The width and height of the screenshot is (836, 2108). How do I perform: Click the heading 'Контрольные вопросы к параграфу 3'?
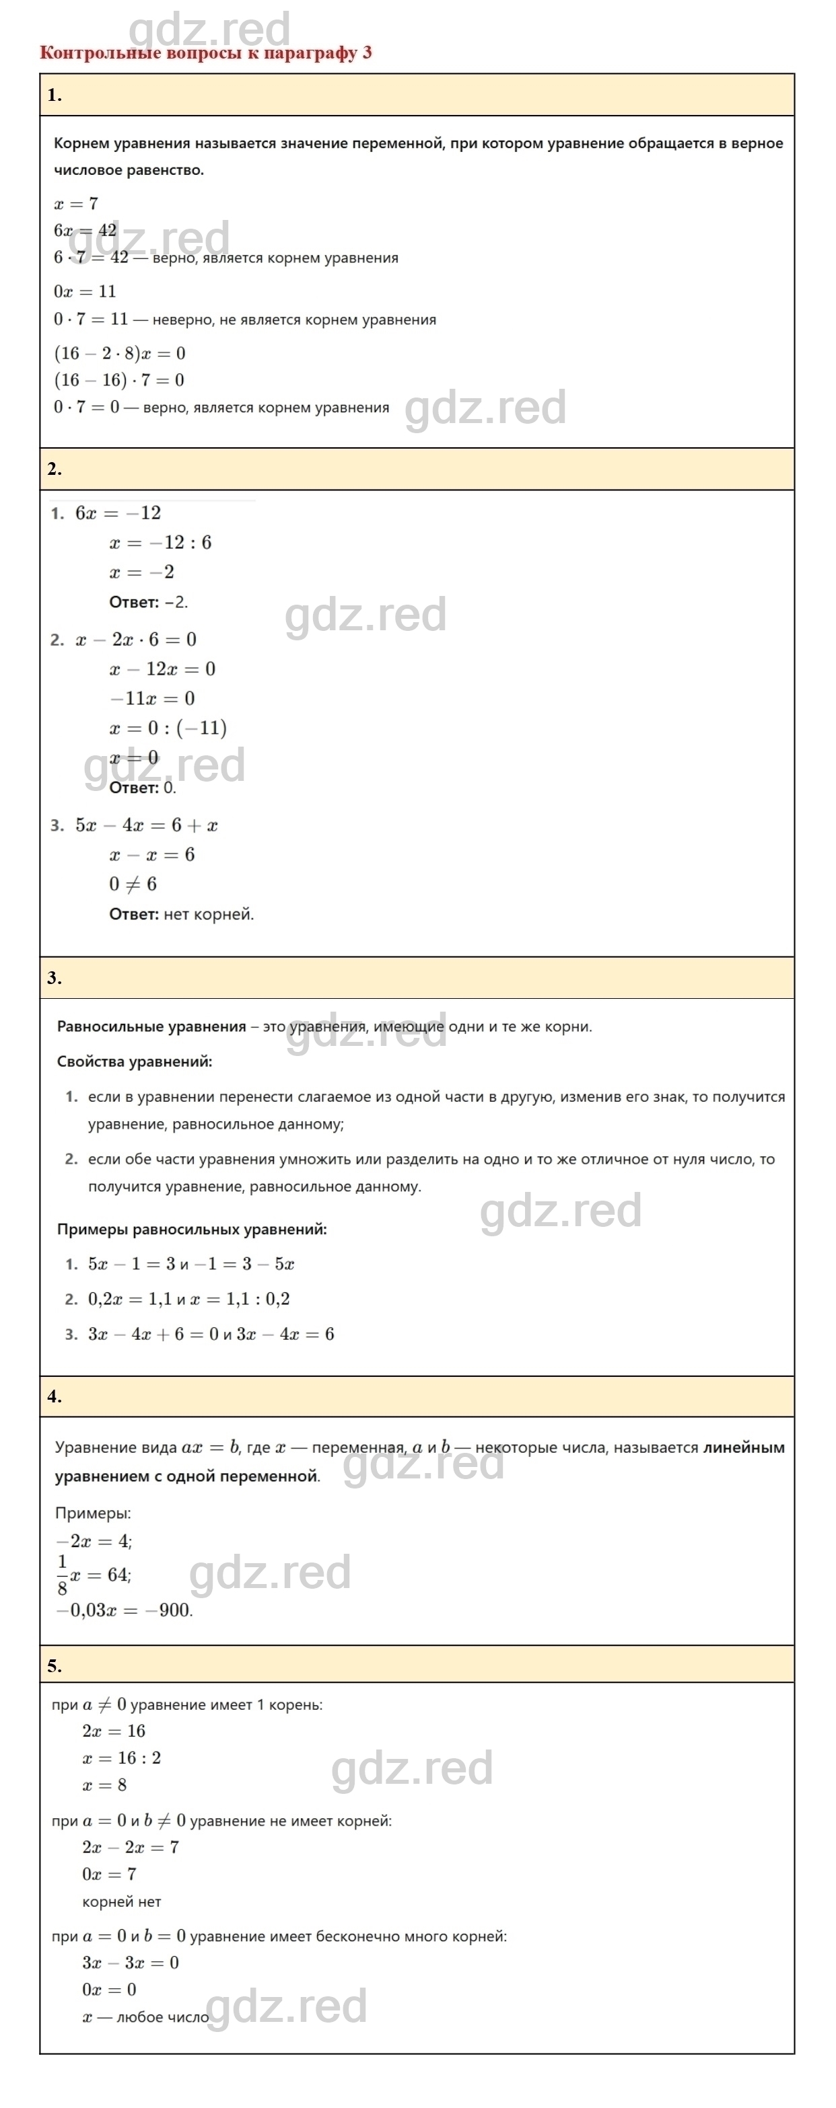pyautogui.click(x=205, y=52)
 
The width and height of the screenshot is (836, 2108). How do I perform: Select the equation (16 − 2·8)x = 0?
pyautogui.click(x=120, y=354)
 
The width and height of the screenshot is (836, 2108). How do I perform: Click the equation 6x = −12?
pyautogui.click(x=118, y=513)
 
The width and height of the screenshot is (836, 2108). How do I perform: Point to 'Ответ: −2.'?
pyautogui.click(x=148, y=602)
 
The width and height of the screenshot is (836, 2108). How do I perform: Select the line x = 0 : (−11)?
pyautogui.click(x=168, y=728)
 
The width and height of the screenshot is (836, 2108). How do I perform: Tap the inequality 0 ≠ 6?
pyautogui.click(x=133, y=884)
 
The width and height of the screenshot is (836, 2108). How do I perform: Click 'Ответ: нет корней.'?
pyautogui.click(x=182, y=914)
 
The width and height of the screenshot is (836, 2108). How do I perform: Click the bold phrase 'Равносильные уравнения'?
pyautogui.click(x=151, y=1027)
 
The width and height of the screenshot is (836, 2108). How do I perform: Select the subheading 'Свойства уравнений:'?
pyautogui.click(x=134, y=1062)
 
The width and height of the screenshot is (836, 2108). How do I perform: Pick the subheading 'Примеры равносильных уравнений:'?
pyautogui.click(x=192, y=1229)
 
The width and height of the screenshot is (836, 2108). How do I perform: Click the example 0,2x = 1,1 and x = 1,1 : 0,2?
pyautogui.click(x=189, y=1300)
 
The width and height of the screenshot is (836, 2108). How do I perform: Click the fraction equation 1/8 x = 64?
pyautogui.click(x=94, y=1575)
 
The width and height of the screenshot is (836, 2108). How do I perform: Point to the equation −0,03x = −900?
pyautogui.click(x=124, y=1610)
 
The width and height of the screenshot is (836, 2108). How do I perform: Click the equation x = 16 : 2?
pyautogui.click(x=121, y=1758)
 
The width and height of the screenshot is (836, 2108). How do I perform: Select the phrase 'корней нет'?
pyautogui.click(x=121, y=1902)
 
